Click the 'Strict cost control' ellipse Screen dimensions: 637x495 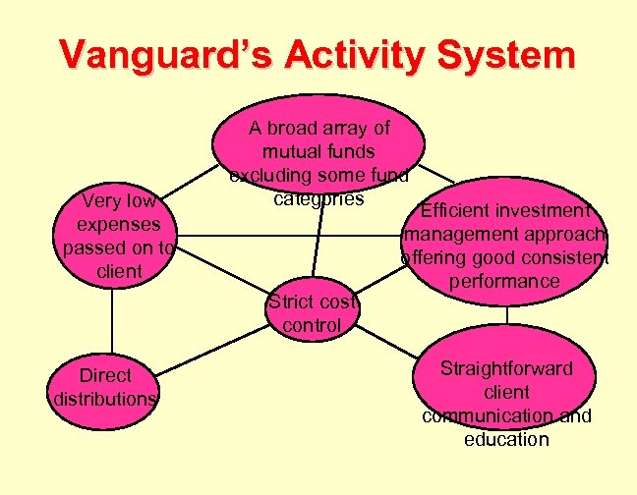(x=312, y=312)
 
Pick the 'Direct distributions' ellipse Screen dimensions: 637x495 (x=105, y=387)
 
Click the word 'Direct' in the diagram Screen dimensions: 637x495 (x=105, y=375)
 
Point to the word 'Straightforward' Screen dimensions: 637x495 (x=506, y=368)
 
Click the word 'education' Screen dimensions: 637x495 (x=506, y=439)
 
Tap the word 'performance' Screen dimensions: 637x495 (x=504, y=282)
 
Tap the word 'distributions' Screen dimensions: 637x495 (x=104, y=399)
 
